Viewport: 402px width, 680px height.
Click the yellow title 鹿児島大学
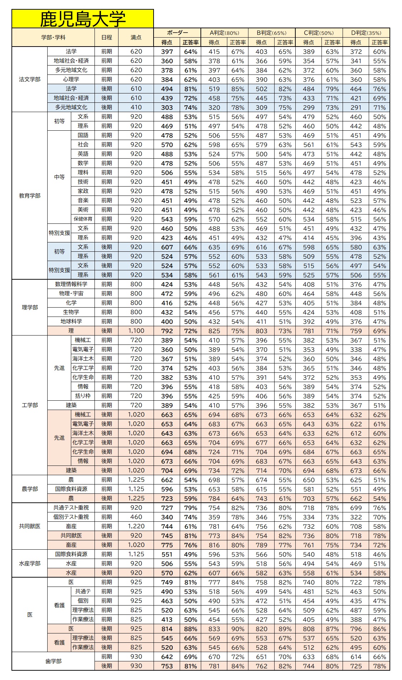tap(83, 19)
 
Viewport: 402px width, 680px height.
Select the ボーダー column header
tap(177, 33)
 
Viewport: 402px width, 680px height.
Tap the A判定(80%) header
tap(224, 33)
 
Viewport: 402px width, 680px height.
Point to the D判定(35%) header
tap(366, 33)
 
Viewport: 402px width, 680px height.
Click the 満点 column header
tap(136, 38)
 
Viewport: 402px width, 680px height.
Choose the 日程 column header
tap(106, 38)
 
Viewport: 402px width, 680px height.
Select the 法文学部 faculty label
tap(30, 79)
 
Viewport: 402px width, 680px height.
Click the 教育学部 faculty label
tap(30, 196)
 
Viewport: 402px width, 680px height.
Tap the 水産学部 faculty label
tap(30, 564)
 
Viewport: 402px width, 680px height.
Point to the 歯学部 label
tap(53, 661)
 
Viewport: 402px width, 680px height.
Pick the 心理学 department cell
tap(71, 79)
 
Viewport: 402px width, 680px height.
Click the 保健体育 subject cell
tap(83, 219)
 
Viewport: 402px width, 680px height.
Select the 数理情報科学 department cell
tap(71, 284)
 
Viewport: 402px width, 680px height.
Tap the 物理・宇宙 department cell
tap(71, 294)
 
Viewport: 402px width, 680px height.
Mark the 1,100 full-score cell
tap(136, 331)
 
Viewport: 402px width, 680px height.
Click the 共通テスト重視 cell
tap(71, 508)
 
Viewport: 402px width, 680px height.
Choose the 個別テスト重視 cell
tap(71, 517)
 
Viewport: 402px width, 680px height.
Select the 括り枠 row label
tap(83, 396)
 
